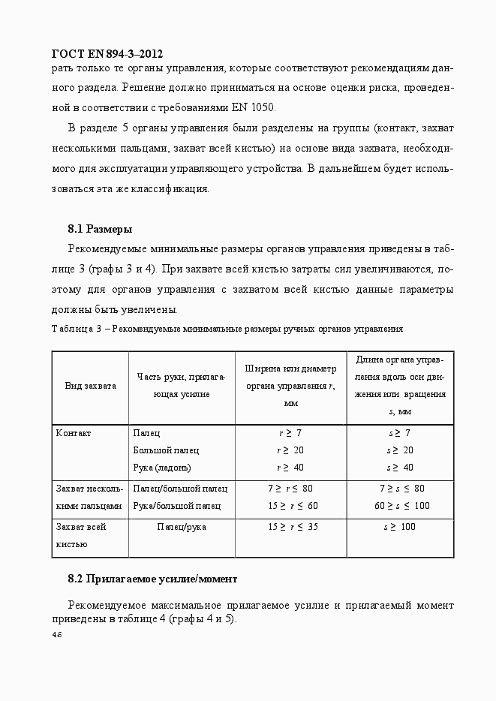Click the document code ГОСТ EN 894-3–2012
click(107, 54)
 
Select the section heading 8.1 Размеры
click(100, 228)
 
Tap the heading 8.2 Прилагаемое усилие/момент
click(152, 579)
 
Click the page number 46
click(57, 636)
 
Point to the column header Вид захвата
click(90, 386)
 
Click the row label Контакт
click(74, 434)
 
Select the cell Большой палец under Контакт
click(166, 450)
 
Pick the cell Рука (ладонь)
click(162, 468)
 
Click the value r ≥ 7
click(290, 434)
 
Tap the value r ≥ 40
click(290, 468)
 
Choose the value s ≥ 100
click(399, 527)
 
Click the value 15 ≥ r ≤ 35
click(293, 527)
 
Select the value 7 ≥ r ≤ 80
click(290, 489)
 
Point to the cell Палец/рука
click(182, 527)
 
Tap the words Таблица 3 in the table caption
click(77, 329)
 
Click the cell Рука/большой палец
click(177, 506)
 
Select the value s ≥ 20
click(399, 450)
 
